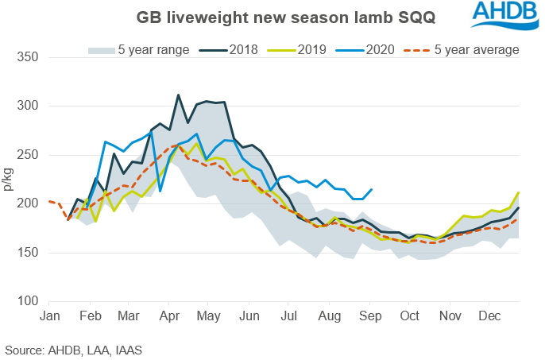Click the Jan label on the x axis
[49, 315]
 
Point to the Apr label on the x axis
[167, 315]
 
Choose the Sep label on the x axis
[370, 315]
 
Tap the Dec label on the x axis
[489, 315]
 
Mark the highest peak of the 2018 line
[178, 95]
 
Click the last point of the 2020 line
[372, 189]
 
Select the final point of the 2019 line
[519, 192]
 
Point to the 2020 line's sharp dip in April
[160, 191]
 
